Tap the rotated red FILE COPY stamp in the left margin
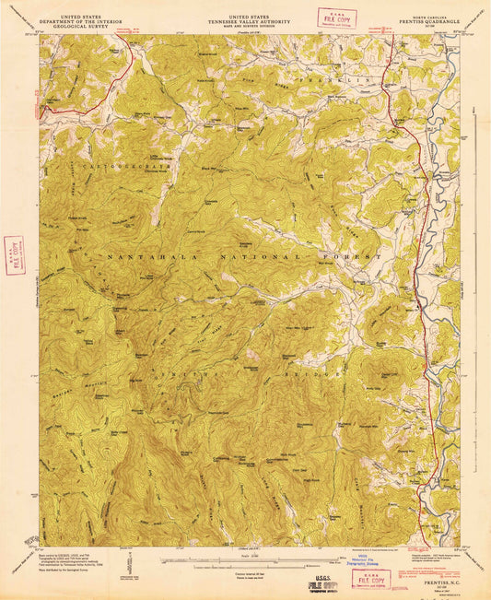13,249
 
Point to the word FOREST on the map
355,255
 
